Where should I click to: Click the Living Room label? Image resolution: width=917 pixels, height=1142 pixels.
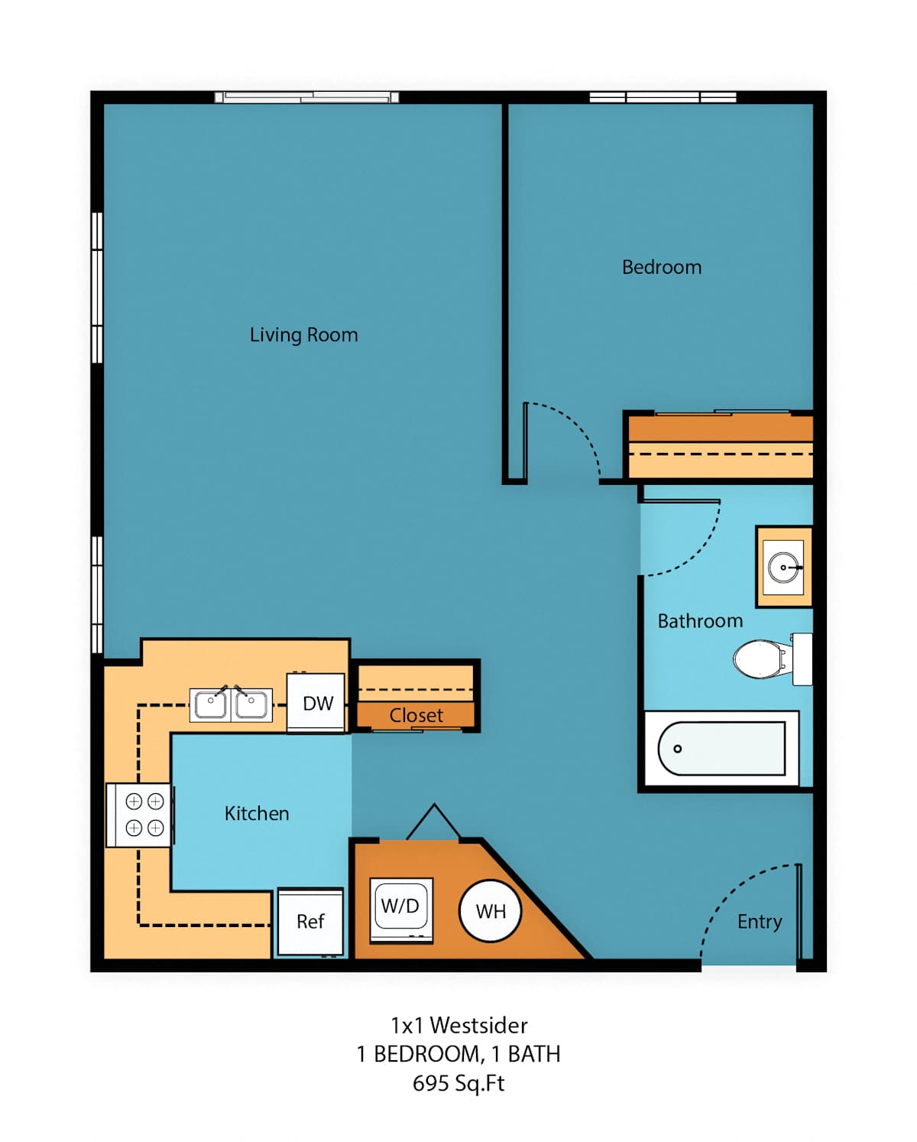tap(304, 335)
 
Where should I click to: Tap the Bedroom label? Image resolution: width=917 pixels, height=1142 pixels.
tap(661, 267)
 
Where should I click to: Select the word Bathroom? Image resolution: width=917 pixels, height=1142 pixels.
tap(700, 621)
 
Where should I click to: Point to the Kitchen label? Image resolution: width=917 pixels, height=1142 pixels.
tap(257, 814)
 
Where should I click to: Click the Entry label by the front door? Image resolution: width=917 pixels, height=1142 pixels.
tap(760, 922)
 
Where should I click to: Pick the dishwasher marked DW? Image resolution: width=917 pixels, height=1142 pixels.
tap(316, 703)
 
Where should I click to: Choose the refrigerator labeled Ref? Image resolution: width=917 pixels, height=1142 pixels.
tap(311, 922)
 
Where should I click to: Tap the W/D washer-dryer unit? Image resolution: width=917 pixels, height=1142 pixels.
tap(401, 910)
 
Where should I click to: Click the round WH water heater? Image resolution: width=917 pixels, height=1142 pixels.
tap(490, 911)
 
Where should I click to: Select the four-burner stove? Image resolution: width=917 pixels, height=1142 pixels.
tap(139, 815)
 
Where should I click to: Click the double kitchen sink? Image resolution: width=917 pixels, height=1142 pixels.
tap(231, 704)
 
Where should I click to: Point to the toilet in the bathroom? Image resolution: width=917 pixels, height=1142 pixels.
tap(773, 659)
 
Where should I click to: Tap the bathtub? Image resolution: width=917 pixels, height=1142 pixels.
tap(721, 748)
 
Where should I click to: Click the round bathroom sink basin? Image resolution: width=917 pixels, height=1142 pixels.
tap(783, 568)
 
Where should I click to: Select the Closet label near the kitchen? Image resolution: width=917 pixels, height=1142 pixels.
tap(416, 715)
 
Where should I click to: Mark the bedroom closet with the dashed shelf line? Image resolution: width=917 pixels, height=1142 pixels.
tap(721, 446)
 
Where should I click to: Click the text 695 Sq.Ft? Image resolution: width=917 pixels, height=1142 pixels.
tap(458, 1083)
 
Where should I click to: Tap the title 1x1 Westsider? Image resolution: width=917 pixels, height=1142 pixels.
tap(458, 1025)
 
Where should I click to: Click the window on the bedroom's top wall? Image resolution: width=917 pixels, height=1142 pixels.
tap(663, 97)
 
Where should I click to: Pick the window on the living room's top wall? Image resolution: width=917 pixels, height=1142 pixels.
tap(306, 97)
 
